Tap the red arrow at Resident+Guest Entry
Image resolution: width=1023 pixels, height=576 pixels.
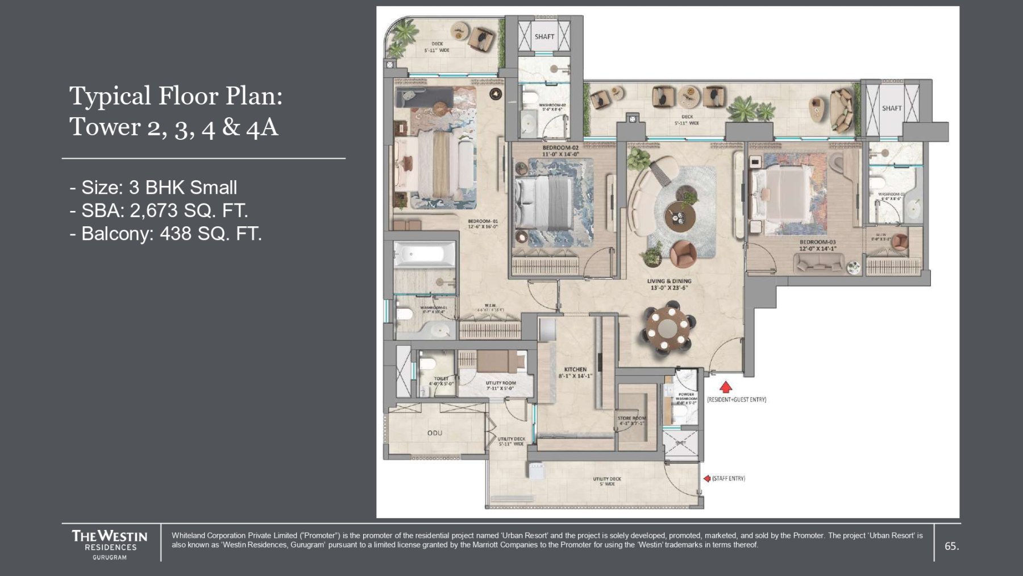click(725, 387)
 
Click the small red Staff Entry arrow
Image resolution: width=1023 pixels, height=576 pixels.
click(706, 479)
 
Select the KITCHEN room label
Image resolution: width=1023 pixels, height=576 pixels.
click(575, 370)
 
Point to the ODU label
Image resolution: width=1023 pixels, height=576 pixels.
click(435, 433)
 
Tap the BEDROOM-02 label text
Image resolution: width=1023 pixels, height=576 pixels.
click(560, 148)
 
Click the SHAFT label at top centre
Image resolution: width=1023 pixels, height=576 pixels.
click(544, 37)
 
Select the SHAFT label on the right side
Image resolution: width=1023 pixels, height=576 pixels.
click(891, 108)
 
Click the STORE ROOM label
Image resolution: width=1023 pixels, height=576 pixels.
click(631, 418)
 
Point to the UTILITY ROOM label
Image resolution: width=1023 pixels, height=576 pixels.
click(501, 383)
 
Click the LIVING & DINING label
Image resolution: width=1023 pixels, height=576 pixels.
click(669, 281)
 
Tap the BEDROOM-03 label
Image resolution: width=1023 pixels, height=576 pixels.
click(817, 242)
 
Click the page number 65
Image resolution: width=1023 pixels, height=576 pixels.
click(951, 546)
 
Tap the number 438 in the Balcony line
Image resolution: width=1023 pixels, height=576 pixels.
click(175, 234)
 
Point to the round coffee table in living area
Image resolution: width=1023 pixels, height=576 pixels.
click(680, 215)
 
